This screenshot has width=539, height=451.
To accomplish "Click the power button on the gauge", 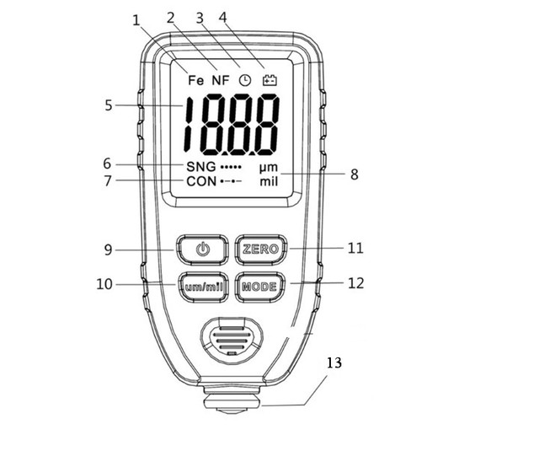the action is (202, 250).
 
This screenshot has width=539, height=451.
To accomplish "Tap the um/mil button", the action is (204, 287).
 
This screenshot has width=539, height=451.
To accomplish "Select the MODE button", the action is (260, 287).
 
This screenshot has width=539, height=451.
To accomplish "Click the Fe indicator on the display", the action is (196, 80).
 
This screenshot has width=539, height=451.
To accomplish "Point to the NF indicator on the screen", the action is (221, 80).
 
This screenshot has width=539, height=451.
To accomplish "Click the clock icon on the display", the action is (245, 80).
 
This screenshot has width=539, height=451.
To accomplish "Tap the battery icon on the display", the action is (269, 80).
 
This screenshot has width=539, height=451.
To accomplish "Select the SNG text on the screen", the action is (201, 167).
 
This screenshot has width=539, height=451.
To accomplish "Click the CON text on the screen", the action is (201, 181).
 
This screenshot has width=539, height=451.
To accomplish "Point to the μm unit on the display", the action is (269, 168).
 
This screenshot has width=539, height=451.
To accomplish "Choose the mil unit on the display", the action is (269, 181).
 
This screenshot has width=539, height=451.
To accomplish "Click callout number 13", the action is (334, 362).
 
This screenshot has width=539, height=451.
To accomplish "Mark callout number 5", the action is (109, 105).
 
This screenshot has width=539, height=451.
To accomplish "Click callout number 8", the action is (355, 174).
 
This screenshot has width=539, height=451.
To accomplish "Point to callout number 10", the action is (104, 284).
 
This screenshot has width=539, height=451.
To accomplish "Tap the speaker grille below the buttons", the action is (232, 340).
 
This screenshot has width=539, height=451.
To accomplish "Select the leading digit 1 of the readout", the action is (188, 125).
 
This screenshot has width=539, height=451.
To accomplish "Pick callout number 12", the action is (355, 283).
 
